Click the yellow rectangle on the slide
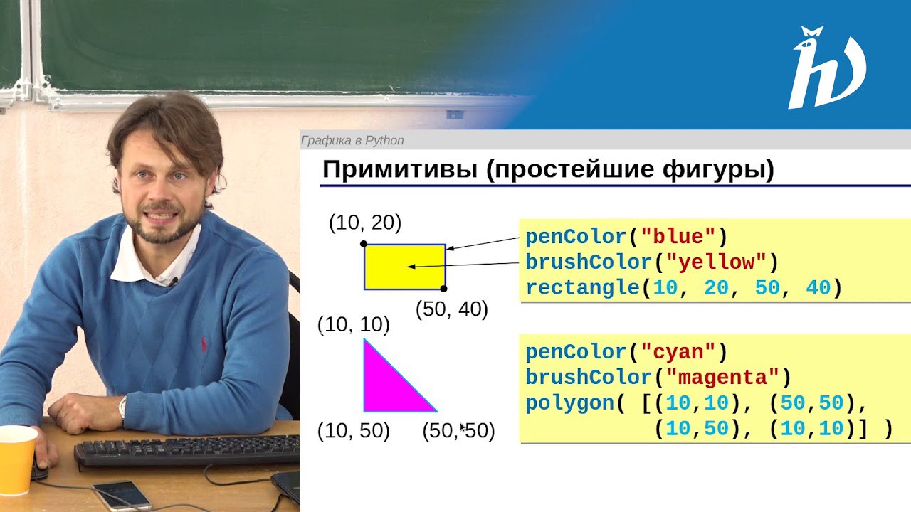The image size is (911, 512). click(x=405, y=267)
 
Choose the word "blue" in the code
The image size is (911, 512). click(x=678, y=237)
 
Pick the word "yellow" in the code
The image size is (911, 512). click(x=716, y=262)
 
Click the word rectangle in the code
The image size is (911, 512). click(x=583, y=288)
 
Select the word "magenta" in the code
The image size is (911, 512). click(x=722, y=377)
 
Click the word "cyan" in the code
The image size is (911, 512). click(x=678, y=352)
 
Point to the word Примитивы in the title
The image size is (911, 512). click(x=400, y=169)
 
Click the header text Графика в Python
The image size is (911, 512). click(x=352, y=141)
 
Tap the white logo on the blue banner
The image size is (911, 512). click(x=827, y=68)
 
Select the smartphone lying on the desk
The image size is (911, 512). click(x=122, y=496)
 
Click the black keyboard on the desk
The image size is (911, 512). click(x=187, y=451)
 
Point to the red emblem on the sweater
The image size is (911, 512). click(x=204, y=345)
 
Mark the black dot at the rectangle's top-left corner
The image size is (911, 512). click(x=364, y=244)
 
